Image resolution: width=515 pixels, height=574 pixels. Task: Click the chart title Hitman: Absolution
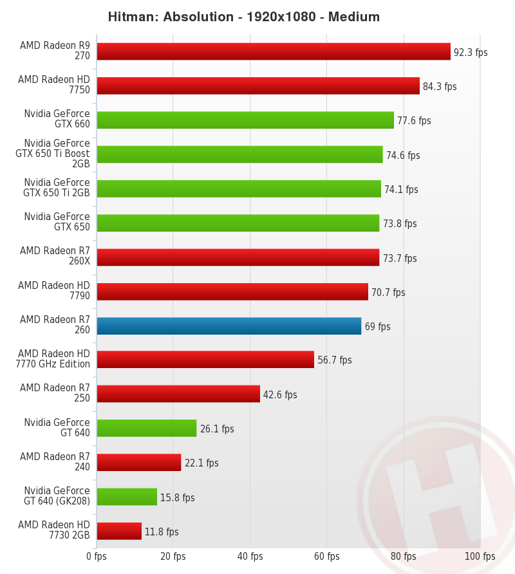[243, 17]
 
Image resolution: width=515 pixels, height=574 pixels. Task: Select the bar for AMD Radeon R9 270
[273, 51]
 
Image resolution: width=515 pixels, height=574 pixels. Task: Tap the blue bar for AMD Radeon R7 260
[229, 326]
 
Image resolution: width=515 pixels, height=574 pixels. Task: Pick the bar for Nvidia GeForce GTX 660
[245, 120]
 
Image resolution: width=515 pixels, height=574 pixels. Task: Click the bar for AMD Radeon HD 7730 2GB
[118, 531]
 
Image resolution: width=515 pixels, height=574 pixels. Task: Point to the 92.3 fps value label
[471, 52]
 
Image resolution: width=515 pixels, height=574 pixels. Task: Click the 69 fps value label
[377, 326]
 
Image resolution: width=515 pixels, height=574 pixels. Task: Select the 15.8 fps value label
[178, 497]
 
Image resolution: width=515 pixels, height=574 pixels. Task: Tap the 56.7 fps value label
[335, 360]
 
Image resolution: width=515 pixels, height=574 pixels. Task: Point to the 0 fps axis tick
[97, 556]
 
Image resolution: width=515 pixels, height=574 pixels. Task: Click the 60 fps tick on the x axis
[326, 556]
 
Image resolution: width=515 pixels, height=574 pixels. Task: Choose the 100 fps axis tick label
[480, 556]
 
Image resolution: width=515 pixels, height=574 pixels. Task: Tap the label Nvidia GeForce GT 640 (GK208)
[57, 496]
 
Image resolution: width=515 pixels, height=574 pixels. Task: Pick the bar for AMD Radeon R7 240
[138, 463]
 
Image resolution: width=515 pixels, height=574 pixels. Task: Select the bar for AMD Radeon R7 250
[178, 394]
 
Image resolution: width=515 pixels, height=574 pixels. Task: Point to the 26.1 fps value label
[217, 429]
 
